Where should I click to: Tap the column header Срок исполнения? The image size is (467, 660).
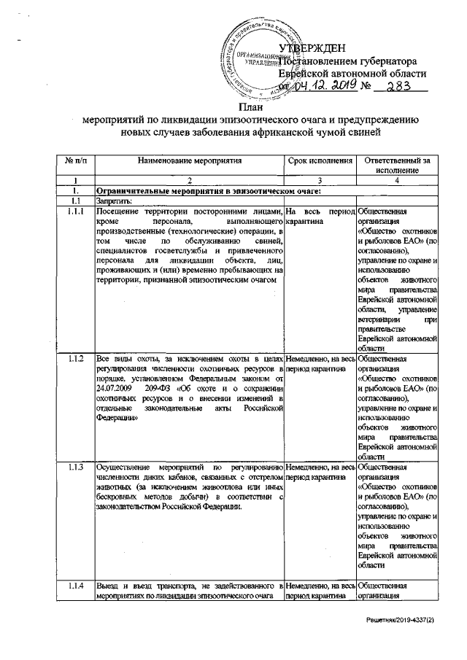tap(320, 159)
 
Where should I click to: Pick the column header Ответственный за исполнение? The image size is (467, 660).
tap(398, 164)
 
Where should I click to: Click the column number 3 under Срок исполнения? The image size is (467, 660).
tap(320, 180)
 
